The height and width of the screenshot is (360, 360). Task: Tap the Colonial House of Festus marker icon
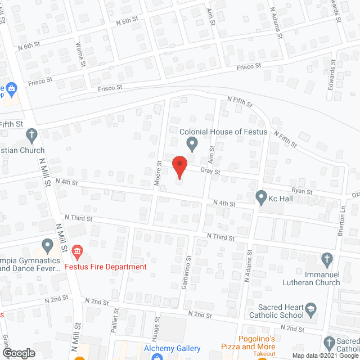[x=192, y=144]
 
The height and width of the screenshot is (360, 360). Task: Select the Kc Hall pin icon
[x=261, y=197]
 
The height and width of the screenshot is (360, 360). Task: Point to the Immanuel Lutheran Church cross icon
[x=327, y=259]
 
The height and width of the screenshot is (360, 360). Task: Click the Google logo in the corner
[x=18, y=353]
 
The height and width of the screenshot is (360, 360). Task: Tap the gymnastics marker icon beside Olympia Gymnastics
[x=48, y=246]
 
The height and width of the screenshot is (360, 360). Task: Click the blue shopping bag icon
[x=11, y=88]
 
